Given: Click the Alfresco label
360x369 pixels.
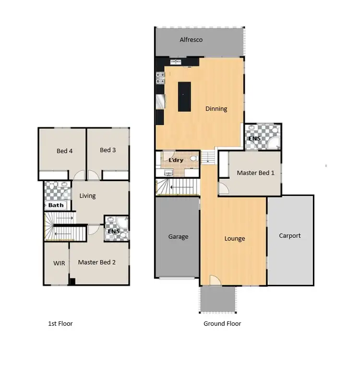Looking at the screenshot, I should (x=191, y=40).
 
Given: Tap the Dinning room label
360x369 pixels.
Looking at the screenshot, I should (x=216, y=109).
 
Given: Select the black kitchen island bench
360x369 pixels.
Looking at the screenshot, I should (x=184, y=97).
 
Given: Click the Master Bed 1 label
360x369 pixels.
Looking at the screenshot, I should (x=255, y=173).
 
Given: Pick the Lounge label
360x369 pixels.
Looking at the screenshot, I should (x=234, y=238).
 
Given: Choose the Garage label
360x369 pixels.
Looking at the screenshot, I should (x=178, y=236).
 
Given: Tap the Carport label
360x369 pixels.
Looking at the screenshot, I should (x=290, y=235).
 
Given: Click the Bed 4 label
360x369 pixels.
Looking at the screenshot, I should (x=64, y=151).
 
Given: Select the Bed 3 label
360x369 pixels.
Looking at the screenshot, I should (x=108, y=150).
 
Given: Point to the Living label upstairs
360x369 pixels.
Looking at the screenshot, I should (x=87, y=196).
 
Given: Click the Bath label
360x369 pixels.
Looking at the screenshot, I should (x=56, y=205).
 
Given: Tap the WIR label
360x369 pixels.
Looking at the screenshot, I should (x=59, y=263).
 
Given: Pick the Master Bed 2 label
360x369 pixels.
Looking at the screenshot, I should (x=96, y=262).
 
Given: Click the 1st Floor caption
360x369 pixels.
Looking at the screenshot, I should (x=60, y=323).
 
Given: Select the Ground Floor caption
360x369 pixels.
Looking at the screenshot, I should (x=222, y=323).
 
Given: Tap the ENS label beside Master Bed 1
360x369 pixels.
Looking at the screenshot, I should (x=254, y=139).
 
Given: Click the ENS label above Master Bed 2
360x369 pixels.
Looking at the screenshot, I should (x=114, y=232).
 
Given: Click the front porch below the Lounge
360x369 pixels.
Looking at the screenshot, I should (x=217, y=299).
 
